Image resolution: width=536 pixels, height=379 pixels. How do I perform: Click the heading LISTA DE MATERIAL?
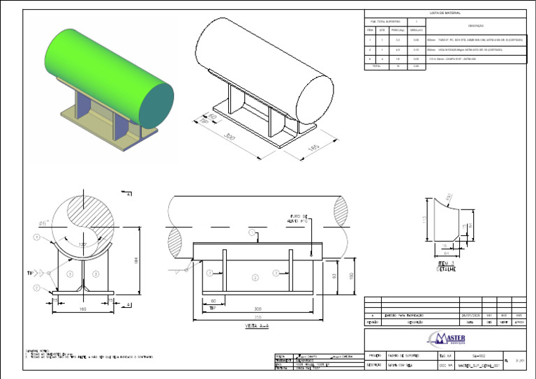coord(445,13)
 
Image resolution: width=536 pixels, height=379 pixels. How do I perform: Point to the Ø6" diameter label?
coord(43,223)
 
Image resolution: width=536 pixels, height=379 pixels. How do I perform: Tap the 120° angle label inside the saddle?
coord(82,244)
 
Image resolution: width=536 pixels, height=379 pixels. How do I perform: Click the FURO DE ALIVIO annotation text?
coord(304,218)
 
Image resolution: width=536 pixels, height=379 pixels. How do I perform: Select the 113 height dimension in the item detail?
coord(423,219)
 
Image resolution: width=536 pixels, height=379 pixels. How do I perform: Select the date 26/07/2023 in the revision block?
coord(469,316)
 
